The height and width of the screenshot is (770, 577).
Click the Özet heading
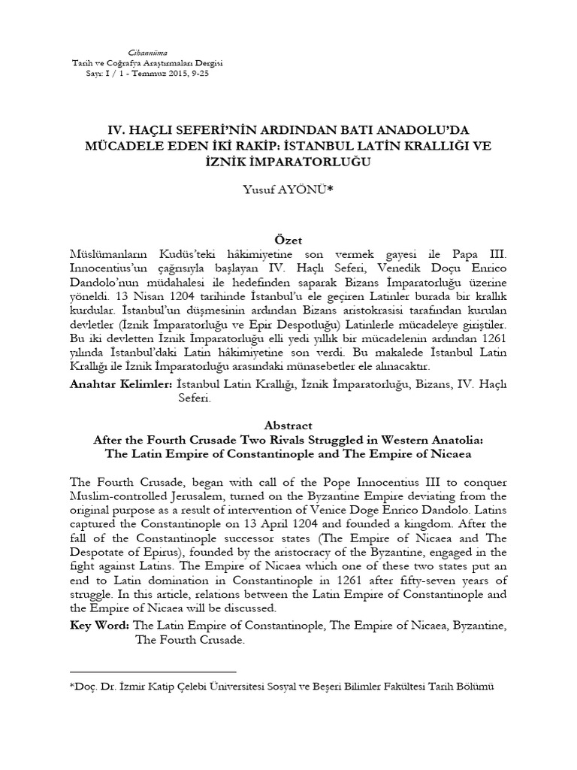[x=288, y=240]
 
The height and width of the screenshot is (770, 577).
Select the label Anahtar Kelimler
[x=121, y=383]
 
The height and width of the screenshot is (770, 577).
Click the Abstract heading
[x=288, y=425]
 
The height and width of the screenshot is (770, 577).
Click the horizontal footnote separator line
[x=153, y=670]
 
